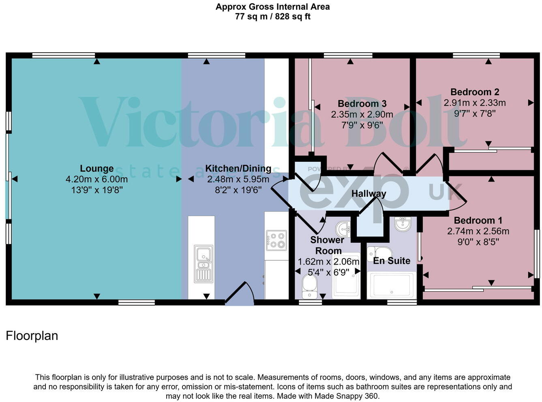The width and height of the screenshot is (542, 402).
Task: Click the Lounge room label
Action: tap(96, 169)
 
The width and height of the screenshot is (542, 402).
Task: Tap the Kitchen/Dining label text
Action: tap(238, 169)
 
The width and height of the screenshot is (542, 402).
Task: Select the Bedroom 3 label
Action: tap(362, 104)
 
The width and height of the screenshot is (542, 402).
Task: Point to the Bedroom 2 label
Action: tap(474, 92)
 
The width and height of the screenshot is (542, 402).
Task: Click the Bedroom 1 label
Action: tap(478, 220)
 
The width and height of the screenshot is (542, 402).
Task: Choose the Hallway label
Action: tap(368, 194)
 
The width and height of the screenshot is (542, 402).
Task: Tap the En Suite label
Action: tap(391, 261)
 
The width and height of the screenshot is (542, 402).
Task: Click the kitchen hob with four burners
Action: tap(276, 240)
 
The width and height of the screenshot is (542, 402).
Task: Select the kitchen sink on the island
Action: tap(203, 263)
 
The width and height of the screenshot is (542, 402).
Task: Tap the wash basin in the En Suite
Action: tap(402, 224)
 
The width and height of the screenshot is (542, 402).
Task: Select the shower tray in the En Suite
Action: tap(391, 285)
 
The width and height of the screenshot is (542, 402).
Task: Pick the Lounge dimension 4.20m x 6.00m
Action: tap(96, 179)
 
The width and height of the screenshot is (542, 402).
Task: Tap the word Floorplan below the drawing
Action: tap(32, 336)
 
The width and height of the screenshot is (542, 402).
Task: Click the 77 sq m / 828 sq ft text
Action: tap(272, 17)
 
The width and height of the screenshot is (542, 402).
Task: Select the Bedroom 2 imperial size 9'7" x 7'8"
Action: tap(474, 113)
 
